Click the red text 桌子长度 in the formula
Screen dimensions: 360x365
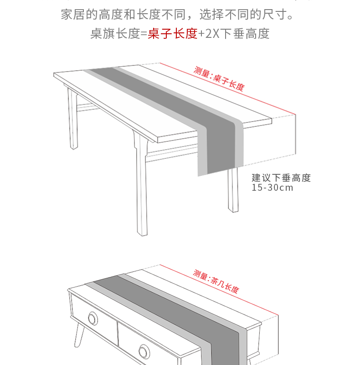tap(173, 33)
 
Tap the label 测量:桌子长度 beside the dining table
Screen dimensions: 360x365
tap(219, 79)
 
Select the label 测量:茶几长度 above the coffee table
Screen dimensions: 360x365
tap(216, 282)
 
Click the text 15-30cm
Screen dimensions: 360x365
tap(273, 188)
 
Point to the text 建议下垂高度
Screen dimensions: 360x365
tap(281, 178)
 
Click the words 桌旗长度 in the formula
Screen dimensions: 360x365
tap(115, 33)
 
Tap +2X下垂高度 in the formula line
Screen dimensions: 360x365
tap(233, 33)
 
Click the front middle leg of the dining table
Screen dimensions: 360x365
tap(141, 184)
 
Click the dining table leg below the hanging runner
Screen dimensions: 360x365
tap(233, 190)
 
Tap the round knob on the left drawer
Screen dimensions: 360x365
tap(93, 318)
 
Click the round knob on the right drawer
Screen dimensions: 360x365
tap(144, 351)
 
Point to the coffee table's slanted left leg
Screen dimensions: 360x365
tap(79, 335)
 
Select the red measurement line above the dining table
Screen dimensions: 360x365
tap(228, 89)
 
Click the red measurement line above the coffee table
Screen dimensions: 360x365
tap(219, 290)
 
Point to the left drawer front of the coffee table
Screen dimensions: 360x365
tap(94, 318)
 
